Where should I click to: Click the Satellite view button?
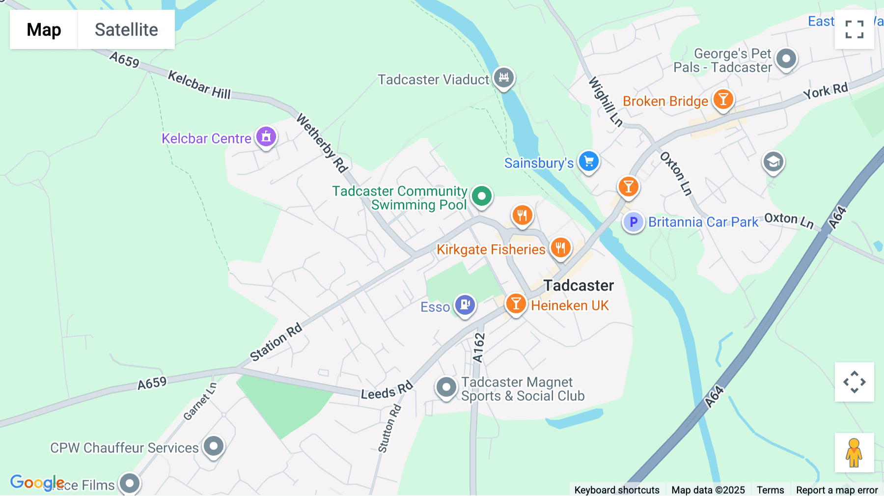(x=126, y=29)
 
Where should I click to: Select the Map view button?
(x=44, y=29)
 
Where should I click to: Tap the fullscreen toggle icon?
(x=854, y=29)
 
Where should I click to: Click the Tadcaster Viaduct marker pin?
(x=503, y=78)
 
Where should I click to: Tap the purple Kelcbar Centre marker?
(x=266, y=137)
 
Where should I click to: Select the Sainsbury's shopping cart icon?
(x=588, y=161)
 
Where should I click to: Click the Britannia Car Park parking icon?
(x=633, y=222)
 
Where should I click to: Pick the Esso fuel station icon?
(x=465, y=305)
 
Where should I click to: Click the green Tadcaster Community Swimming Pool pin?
(x=481, y=196)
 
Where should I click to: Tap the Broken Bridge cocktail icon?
(x=723, y=100)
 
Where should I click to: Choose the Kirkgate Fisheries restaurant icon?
(x=560, y=248)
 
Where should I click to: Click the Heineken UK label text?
(x=570, y=305)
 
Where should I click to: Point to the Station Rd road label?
(x=276, y=342)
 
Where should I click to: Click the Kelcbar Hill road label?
(x=199, y=84)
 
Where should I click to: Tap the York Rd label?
(x=826, y=91)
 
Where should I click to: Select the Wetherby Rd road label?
(x=322, y=143)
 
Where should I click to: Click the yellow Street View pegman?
(x=854, y=452)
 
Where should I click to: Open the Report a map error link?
(x=837, y=490)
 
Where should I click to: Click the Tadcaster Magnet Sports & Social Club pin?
(x=446, y=387)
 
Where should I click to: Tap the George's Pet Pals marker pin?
(x=786, y=59)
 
